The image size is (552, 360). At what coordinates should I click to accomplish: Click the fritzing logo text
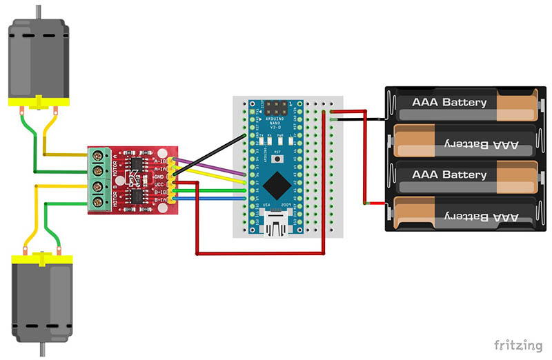pyautogui.click(x=517, y=344)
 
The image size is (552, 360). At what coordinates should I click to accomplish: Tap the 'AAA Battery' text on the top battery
pyautogui.click(x=449, y=102)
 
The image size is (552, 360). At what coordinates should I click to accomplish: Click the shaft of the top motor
pyautogui.click(x=39, y=10)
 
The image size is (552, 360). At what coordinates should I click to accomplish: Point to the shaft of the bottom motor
pyautogui.click(x=39, y=350)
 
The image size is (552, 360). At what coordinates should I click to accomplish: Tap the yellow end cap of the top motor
pyautogui.click(x=39, y=101)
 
